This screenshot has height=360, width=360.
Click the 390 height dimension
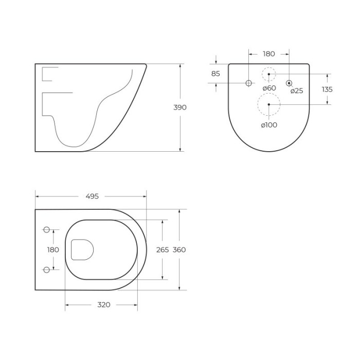tap(179, 107)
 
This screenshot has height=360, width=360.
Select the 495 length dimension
tap(92, 196)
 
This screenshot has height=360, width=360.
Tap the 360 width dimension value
tap(179, 249)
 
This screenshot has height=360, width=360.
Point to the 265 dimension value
tap(163, 249)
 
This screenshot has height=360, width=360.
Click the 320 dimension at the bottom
tap(103, 304)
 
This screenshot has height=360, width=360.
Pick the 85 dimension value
tap(215, 74)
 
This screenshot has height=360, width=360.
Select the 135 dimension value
tap(327, 89)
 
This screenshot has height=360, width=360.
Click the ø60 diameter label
tap(269, 88)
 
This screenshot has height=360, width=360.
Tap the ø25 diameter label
tap(297, 91)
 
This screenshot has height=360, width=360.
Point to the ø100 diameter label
tap(269, 125)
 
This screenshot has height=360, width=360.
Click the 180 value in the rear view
tap(268, 53)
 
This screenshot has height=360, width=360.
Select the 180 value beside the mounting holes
tap(53, 249)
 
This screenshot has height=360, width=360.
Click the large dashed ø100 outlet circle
tap(268, 104)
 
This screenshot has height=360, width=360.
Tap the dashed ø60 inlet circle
tap(268, 75)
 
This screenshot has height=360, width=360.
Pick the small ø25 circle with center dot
tap(289, 83)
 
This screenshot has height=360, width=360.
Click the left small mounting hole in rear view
tap(248, 83)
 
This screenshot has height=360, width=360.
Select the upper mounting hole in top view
tap(46, 229)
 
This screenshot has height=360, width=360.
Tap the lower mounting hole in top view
tap(46, 269)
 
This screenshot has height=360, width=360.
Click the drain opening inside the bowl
tap(82, 249)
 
